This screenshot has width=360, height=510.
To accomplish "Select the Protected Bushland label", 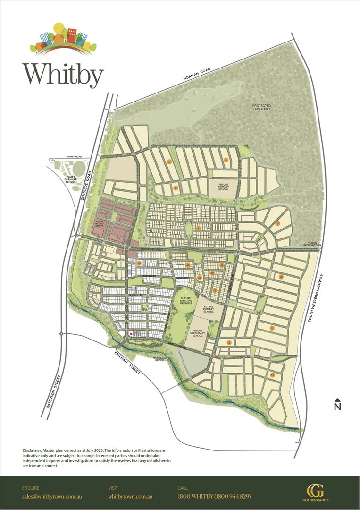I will [x=261, y=107].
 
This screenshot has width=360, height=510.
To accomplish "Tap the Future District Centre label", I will [x=99, y=223].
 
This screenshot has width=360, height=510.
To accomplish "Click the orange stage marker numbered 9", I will [x=278, y=223].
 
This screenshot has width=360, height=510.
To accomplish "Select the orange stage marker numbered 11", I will [x=272, y=328].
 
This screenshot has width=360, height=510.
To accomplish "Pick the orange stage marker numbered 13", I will [x=272, y=375].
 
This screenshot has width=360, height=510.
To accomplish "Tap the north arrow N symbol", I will [x=337, y=404].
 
